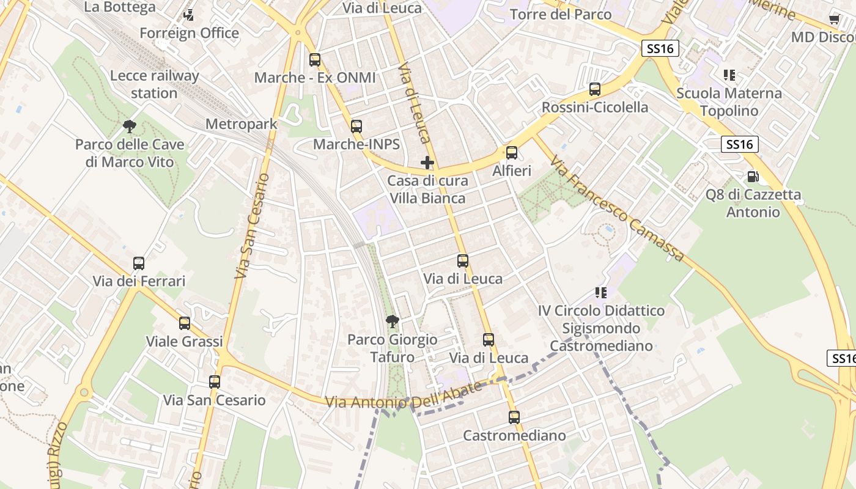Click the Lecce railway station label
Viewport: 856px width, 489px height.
(154, 84)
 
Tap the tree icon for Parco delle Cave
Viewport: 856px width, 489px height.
(129, 127)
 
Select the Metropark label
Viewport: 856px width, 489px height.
(241, 124)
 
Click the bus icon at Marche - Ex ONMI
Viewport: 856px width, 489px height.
(315, 60)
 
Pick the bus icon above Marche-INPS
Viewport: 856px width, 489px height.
(356, 127)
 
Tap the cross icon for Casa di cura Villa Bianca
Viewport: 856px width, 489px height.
(427, 163)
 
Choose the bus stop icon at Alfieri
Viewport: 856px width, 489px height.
(512, 153)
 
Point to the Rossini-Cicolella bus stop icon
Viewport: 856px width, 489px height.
(595, 89)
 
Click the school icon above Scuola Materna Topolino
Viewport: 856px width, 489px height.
(729, 75)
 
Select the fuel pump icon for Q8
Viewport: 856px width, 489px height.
(753, 177)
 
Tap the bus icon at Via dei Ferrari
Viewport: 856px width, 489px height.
(139, 263)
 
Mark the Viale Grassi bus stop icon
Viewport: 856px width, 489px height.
(185, 323)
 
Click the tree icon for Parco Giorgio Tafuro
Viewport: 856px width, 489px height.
(393, 321)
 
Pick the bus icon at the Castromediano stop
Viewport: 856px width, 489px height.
(514, 417)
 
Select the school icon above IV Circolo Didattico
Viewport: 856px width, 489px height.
(601, 293)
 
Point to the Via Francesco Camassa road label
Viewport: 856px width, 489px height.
(616, 208)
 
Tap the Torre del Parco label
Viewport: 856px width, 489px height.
(560, 14)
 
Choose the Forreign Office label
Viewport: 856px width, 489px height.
(189, 32)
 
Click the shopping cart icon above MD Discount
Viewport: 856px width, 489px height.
(834, 19)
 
